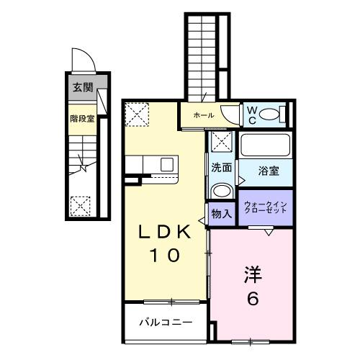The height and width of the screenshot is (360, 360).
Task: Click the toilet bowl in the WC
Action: (271, 114)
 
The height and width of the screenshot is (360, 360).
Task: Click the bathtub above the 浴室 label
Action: (264, 146)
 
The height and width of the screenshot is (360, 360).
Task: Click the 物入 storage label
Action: (221, 214)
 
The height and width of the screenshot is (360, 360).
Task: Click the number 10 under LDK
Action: (166, 254)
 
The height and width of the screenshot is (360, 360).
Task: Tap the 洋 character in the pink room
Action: (252, 276)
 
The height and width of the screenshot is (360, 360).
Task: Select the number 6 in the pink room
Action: (252, 299)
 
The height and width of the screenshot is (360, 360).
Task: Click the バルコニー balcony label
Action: (166, 321)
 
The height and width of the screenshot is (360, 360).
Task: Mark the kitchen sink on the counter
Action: (167, 165)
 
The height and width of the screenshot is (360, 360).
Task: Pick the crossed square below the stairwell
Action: (81, 207)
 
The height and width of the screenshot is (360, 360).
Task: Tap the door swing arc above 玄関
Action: (81, 59)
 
